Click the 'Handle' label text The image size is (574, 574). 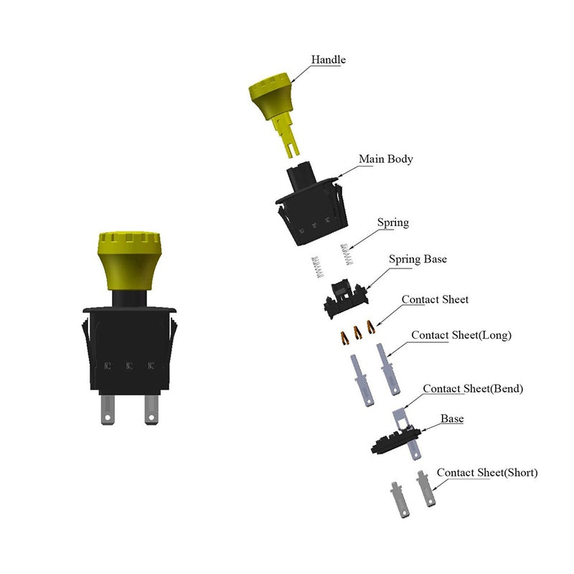pyautogui.click(x=328, y=60)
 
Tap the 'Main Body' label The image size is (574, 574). pyautogui.click(x=386, y=159)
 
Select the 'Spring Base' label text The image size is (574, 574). pyautogui.click(x=418, y=259)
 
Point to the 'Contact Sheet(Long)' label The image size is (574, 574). pyautogui.click(x=461, y=335)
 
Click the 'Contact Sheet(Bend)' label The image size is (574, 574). pyautogui.click(x=473, y=388)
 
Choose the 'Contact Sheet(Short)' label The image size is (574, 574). pyautogui.click(x=487, y=473)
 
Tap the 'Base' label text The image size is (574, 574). pyautogui.click(x=452, y=418)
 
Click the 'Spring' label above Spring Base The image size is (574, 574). pyautogui.click(x=393, y=222)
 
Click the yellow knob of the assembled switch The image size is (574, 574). pyautogui.click(x=129, y=260)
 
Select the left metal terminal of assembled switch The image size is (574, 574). pyautogui.click(x=108, y=409)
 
